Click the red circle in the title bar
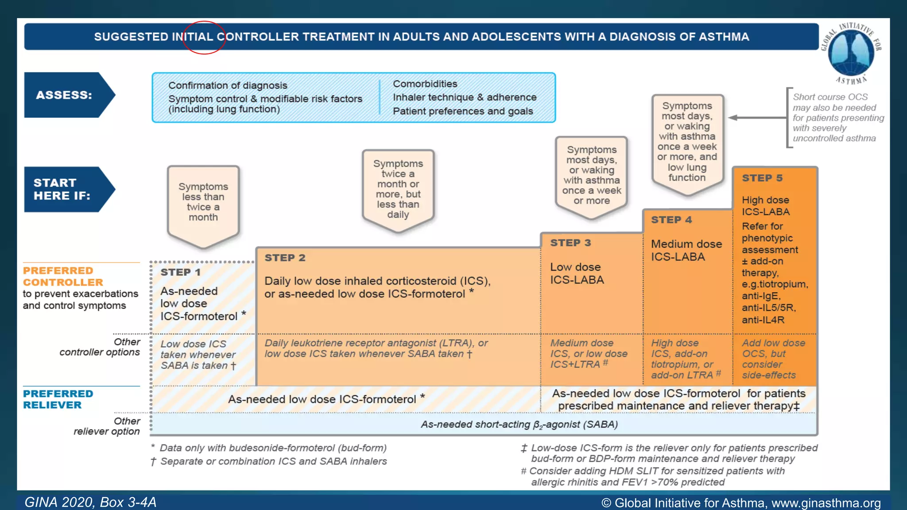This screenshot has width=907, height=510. click(204, 37)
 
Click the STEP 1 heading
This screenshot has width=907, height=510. click(180, 272)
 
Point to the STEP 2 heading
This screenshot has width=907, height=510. click(285, 258)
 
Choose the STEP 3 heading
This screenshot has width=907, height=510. click(570, 243)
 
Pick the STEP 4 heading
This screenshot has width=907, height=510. click(671, 220)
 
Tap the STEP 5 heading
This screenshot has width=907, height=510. click(762, 178)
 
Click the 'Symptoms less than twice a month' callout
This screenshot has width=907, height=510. click(203, 202)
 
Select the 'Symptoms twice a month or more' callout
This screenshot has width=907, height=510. click(398, 189)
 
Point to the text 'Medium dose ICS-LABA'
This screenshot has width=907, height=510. click(686, 250)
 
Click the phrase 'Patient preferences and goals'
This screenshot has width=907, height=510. click(463, 111)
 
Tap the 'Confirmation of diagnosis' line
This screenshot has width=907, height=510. click(228, 85)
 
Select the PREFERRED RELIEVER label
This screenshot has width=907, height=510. click(58, 399)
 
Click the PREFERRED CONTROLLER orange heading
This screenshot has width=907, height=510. click(63, 276)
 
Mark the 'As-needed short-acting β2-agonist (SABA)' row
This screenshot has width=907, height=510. click(519, 425)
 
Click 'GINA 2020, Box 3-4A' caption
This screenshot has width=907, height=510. click(90, 502)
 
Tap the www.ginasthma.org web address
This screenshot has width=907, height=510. click(826, 503)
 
